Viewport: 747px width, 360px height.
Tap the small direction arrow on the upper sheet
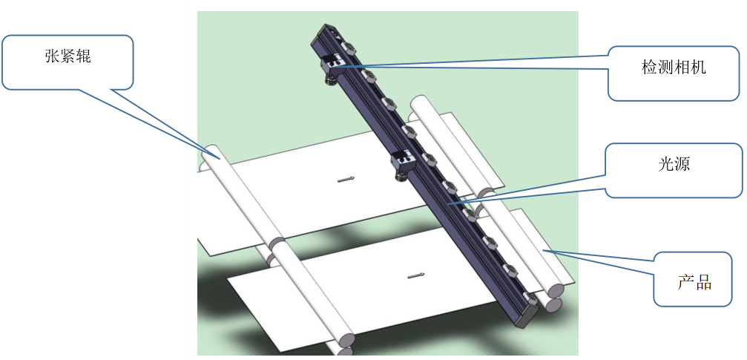click(x=346, y=180)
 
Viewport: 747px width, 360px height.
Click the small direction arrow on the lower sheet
click(x=416, y=275)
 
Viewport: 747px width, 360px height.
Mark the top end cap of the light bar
click(x=329, y=33)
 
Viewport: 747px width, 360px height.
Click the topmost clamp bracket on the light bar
click(x=349, y=48)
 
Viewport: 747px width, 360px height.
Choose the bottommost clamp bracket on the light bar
click(x=530, y=298)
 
